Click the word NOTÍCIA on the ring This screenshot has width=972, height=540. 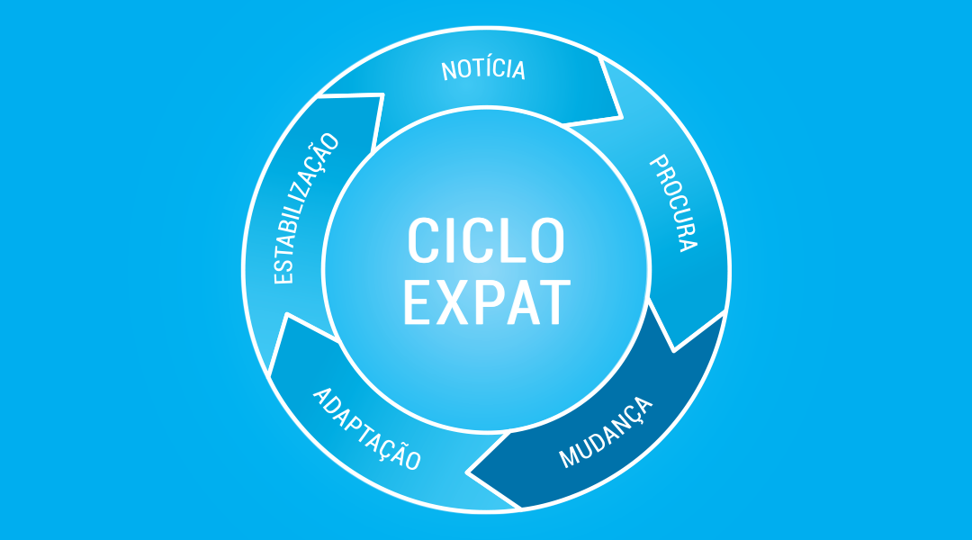click(483, 68)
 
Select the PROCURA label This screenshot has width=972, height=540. click(674, 202)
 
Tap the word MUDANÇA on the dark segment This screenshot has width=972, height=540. click(606, 432)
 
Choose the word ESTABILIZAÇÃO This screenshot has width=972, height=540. click(306, 208)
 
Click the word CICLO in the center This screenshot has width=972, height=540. click(485, 240)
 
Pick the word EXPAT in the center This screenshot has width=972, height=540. click(487, 302)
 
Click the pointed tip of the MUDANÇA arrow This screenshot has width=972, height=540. click(468, 473)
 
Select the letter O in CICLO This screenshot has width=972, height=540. click(547, 240)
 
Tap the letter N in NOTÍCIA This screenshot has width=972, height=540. click(448, 71)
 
